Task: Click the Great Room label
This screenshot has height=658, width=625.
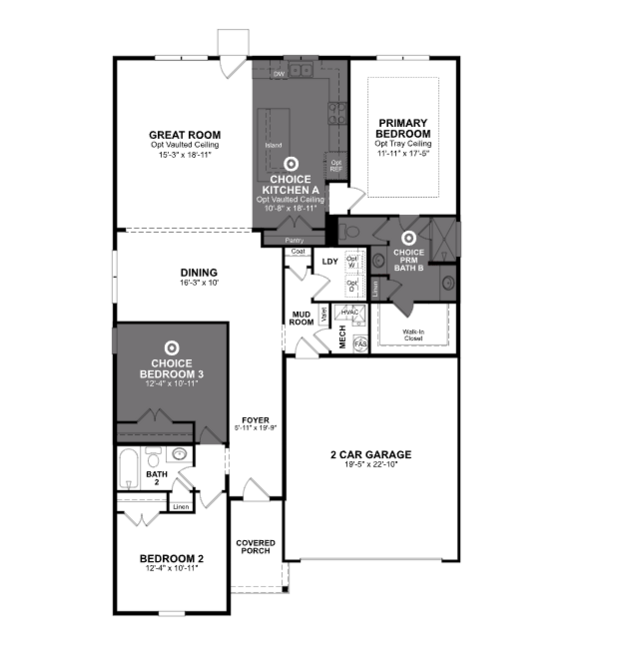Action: pyautogui.click(x=185, y=135)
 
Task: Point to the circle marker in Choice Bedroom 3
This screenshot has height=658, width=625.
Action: pyautogui.click(x=172, y=348)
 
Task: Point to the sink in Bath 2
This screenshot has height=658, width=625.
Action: pyautogui.click(x=180, y=454)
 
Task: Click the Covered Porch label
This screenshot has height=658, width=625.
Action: pyautogui.click(x=256, y=547)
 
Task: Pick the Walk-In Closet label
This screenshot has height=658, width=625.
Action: pyautogui.click(x=413, y=335)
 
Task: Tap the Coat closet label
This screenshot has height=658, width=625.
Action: pyautogui.click(x=298, y=251)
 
